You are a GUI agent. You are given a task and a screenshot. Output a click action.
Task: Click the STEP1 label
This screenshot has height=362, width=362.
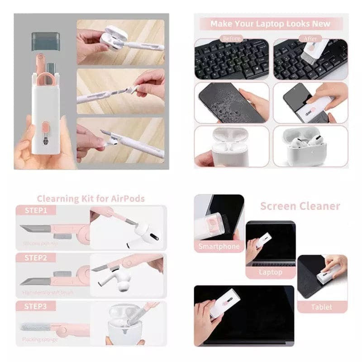point(36,210)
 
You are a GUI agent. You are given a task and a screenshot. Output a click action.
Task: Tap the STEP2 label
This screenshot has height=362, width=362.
point(36,258)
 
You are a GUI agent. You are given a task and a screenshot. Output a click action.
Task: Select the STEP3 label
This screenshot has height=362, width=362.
point(36,306)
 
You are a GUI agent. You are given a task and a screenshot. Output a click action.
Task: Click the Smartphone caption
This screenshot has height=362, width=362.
point(219,247)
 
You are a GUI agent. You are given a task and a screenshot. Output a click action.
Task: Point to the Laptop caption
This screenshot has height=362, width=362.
point(270,272)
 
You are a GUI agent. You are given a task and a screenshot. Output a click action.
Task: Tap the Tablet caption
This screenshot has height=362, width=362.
point(321,307)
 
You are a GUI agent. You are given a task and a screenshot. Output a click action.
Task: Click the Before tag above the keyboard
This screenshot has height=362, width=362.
point(232,38)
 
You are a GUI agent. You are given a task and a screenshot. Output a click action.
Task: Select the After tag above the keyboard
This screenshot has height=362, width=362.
point(310,38)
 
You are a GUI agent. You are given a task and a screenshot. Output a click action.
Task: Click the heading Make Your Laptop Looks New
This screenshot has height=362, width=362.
point(271,24)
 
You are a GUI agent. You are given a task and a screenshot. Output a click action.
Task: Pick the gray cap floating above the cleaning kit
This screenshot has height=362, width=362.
point(46,41)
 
